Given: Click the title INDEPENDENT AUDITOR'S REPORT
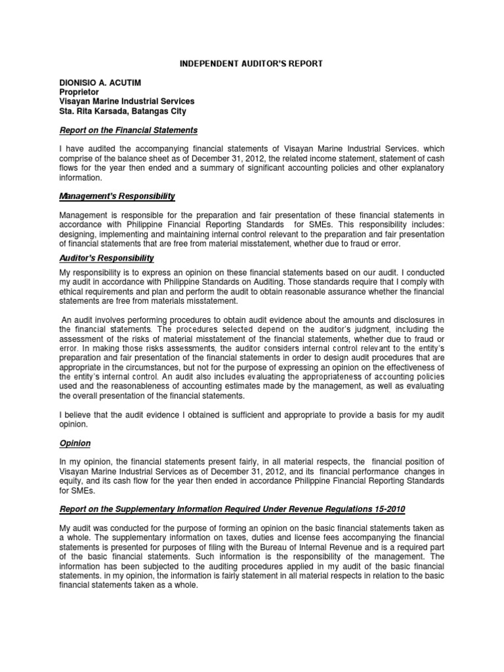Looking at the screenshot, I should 252,63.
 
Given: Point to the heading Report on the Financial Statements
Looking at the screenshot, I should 128,131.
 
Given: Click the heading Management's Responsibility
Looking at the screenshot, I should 117,196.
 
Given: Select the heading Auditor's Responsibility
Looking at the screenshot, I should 106,258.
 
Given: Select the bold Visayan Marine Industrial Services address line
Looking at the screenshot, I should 127,102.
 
